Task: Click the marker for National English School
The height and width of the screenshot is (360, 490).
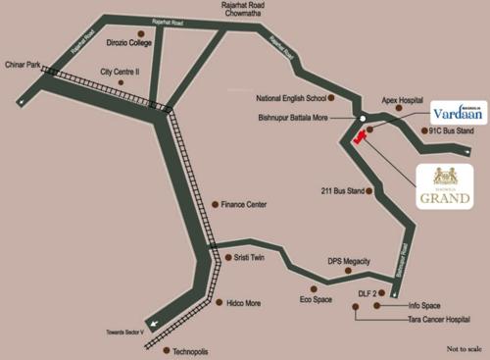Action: pos(332,99)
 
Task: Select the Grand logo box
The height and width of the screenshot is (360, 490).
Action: pos(445,186)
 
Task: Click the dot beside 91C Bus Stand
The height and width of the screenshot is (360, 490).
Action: pos(422,129)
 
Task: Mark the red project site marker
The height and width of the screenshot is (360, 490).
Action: pos(360,137)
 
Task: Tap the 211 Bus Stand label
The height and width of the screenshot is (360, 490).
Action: pos(342,190)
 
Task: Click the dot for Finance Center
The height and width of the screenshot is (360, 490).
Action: pos(214,204)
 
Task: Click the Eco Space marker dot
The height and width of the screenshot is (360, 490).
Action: pos(313,289)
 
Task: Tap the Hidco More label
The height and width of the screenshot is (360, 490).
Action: pos(244,303)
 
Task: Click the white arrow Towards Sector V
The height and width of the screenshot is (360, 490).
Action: pos(152,323)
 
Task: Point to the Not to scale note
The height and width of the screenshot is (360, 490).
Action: pos(464,348)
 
